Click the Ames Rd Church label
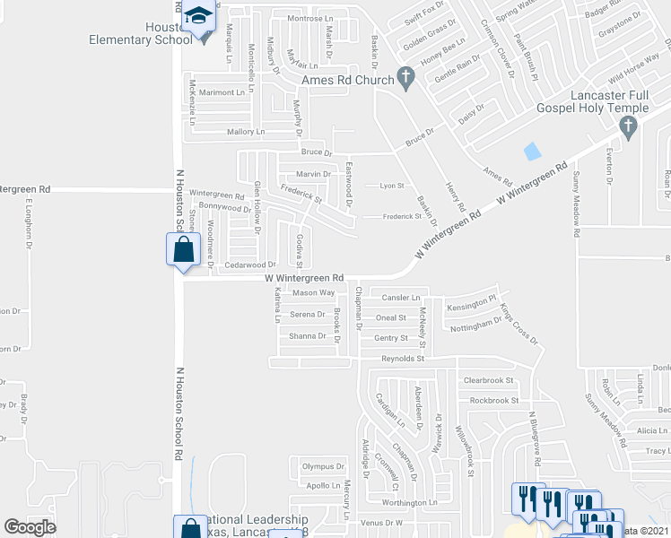click(x=348, y=80)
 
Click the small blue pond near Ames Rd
click(x=533, y=151)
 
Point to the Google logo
click(x=30, y=527)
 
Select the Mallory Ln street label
click(x=247, y=132)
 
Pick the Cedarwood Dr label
click(x=250, y=265)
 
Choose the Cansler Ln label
click(x=401, y=297)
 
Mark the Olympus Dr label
click(x=323, y=466)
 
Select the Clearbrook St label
click(x=491, y=380)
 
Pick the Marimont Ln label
click(x=222, y=92)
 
